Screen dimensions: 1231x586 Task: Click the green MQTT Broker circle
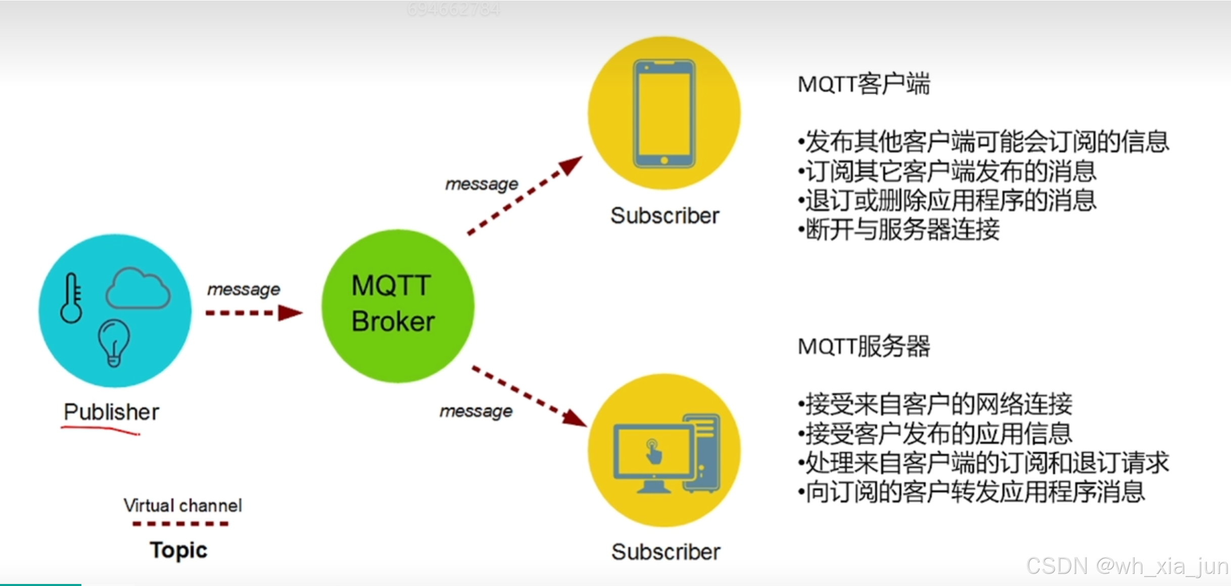coord(398,305)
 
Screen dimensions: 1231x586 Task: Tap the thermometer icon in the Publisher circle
coord(71,298)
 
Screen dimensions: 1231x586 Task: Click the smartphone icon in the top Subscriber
coord(664,114)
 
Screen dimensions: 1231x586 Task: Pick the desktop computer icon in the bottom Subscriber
coord(666,453)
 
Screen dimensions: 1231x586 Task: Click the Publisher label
coord(111,412)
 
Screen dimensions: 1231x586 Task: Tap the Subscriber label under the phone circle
coord(665,215)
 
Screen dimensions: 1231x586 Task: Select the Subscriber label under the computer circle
coord(666,552)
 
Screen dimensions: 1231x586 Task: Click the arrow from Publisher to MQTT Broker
coord(253,313)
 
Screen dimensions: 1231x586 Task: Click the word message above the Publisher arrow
coord(244,289)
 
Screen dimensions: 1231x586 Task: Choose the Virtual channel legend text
coord(182,505)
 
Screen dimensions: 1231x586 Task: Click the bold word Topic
coord(178,550)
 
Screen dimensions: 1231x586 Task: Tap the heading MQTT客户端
coord(863,84)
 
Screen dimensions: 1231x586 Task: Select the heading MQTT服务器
coord(863,346)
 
